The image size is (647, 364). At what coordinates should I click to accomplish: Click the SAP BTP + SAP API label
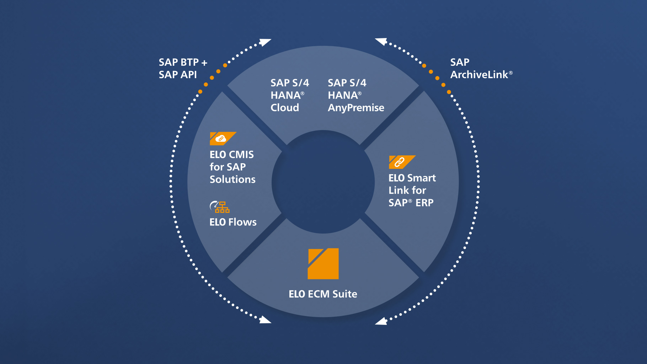pyautogui.click(x=182, y=68)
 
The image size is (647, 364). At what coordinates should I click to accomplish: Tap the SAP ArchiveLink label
pyautogui.click(x=481, y=68)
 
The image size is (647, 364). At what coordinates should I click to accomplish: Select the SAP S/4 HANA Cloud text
pyautogui.click(x=289, y=95)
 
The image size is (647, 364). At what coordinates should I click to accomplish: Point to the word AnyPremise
pyautogui.click(x=356, y=108)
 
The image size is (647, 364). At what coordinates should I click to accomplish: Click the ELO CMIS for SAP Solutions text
pyautogui.click(x=232, y=167)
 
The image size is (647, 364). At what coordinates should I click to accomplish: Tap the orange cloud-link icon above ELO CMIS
pyautogui.click(x=221, y=139)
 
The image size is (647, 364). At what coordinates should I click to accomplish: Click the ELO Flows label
pyautogui.click(x=233, y=222)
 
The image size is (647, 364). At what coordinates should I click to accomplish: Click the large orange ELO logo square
pyautogui.click(x=323, y=263)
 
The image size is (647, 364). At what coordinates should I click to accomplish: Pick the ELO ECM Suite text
pyautogui.click(x=323, y=294)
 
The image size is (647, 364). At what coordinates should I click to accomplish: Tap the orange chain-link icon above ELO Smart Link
pyautogui.click(x=401, y=162)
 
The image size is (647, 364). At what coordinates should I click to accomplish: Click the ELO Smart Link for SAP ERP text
pyautogui.click(x=412, y=190)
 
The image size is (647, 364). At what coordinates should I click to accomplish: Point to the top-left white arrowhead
pyautogui.click(x=265, y=42)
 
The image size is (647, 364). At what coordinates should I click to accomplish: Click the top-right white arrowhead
pyautogui.click(x=381, y=42)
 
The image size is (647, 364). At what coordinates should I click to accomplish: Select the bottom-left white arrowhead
pyautogui.click(x=265, y=320)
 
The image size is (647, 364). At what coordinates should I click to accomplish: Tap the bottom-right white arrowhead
pyautogui.click(x=381, y=321)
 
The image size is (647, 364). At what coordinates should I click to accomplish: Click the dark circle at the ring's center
pyautogui.click(x=323, y=182)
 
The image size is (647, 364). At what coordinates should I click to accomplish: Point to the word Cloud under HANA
pyautogui.click(x=285, y=108)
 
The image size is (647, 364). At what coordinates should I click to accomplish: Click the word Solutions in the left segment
pyautogui.click(x=232, y=180)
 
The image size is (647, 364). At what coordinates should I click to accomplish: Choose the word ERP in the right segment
pyautogui.click(x=424, y=203)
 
